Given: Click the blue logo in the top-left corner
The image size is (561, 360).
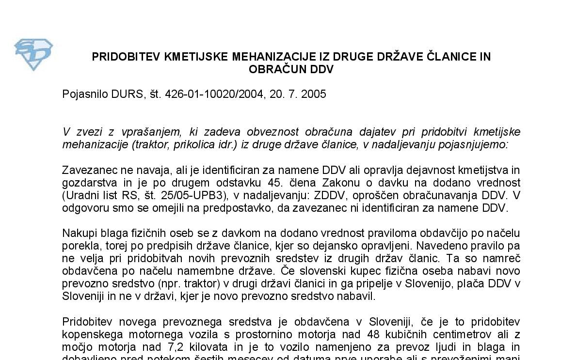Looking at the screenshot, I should click(33, 55).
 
